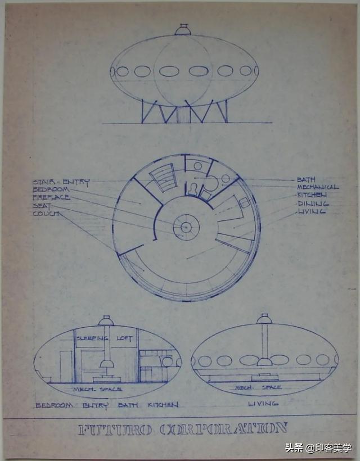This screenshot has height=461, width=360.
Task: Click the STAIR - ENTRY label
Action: (61, 182)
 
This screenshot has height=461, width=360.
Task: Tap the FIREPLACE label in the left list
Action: (51, 198)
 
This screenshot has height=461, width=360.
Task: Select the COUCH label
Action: (46, 214)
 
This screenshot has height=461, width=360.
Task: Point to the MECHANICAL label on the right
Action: (318, 187)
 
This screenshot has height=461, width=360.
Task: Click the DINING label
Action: (313, 203)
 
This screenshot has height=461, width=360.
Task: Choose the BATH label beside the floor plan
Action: (306, 179)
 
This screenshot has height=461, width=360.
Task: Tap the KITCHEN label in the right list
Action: (312, 195)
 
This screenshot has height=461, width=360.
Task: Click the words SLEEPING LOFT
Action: (107, 338)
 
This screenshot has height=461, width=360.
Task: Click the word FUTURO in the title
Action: (114, 430)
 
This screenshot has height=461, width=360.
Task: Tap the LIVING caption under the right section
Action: (263, 404)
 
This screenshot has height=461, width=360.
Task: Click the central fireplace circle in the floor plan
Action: (186, 227)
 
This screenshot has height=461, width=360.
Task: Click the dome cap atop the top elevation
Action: (183, 29)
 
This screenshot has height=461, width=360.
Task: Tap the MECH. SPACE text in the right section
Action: (250, 387)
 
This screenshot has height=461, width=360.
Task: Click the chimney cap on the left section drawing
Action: (106, 320)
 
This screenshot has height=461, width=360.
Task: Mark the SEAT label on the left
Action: (42, 206)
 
